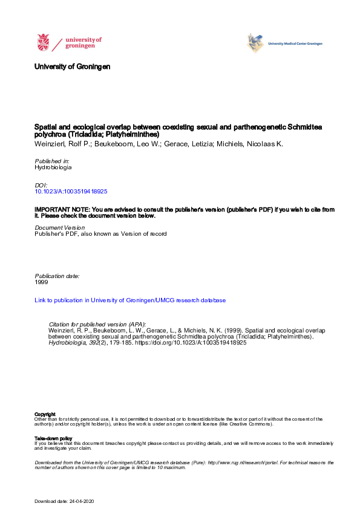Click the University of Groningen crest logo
(x=44, y=42)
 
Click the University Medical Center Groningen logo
(x=284, y=44)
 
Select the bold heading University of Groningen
(x=73, y=66)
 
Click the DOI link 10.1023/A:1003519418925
(x=71, y=191)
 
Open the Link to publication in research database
(x=130, y=300)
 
